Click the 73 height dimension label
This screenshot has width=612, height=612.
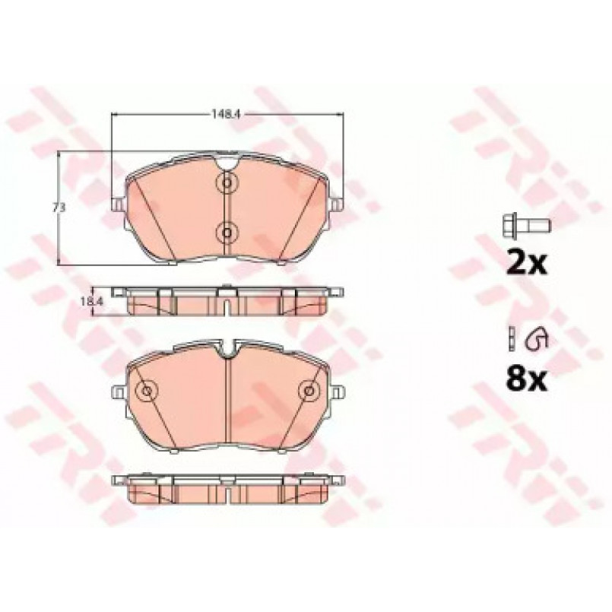coord(59,208)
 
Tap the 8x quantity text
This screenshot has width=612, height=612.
coord(527,379)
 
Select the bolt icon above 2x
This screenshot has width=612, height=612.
coord(526,225)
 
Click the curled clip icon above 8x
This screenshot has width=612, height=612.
coord(537,337)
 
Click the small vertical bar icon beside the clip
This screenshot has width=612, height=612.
coord(511,338)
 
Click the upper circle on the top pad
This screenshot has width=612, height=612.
coord(227,182)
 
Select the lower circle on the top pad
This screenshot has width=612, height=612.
coord(227,233)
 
